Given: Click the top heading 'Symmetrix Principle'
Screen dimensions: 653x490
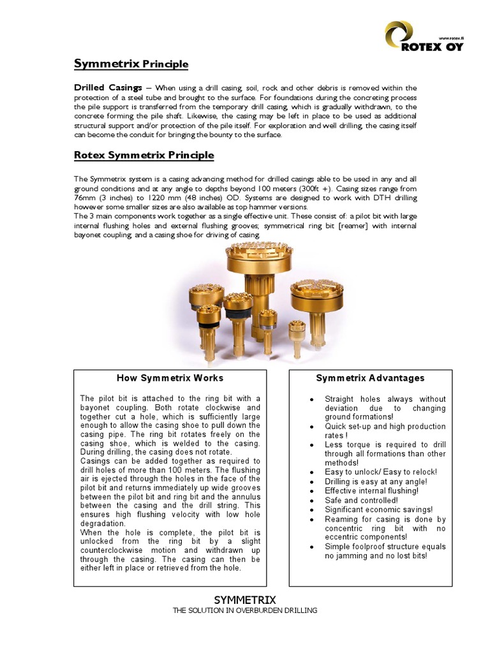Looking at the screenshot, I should coord(131,64).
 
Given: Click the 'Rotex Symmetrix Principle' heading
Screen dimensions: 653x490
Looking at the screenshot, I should coord(144,156).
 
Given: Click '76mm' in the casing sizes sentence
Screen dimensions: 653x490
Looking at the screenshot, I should coord(85,198).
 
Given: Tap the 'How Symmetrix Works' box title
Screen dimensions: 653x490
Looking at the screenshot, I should coord(170,378).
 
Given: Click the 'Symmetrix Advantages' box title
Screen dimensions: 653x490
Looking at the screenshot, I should coord(370,378).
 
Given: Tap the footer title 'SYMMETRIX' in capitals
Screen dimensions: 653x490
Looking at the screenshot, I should coord(245,600).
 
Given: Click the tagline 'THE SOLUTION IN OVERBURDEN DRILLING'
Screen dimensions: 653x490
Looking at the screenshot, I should coord(245,611).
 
